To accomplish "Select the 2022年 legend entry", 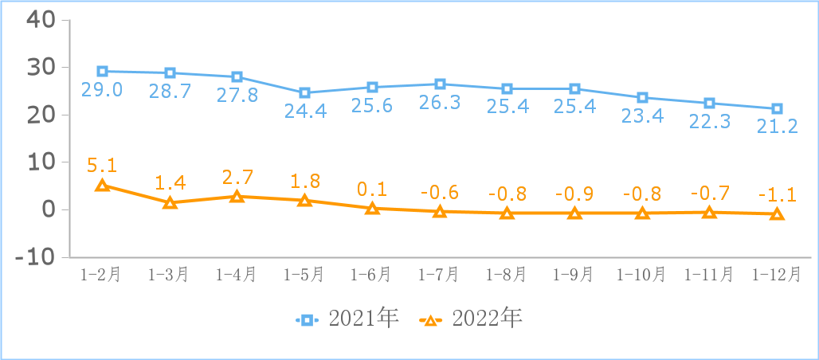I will (471, 319).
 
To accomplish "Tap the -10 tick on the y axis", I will (36, 257).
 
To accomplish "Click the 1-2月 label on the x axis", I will (102, 275).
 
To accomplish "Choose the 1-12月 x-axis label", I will (778, 275).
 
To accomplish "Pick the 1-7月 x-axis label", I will (440, 275).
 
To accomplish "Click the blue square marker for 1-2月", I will (102, 72).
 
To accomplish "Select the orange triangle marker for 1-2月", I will (102, 186).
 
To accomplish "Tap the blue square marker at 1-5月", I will (304, 93).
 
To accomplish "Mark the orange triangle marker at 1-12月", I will (778, 214).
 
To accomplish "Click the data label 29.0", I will (102, 89).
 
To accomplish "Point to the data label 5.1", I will (102, 166).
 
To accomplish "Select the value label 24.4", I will (304, 112).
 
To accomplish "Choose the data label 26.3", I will (440, 103).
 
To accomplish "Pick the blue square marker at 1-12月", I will (778, 108).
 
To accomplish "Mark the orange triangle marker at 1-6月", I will (372, 209).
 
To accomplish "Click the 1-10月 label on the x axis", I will (642, 275).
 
